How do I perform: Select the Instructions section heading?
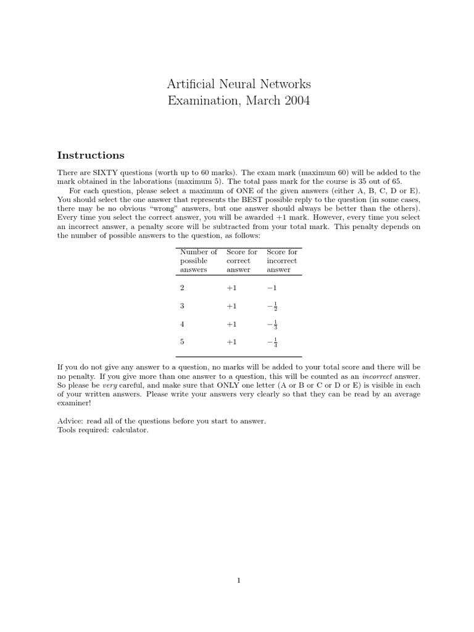click(x=91, y=155)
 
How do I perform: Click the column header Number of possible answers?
click(x=198, y=260)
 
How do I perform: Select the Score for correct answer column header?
click(x=241, y=260)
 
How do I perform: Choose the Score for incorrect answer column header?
click(x=282, y=260)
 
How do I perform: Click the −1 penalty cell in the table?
click(x=272, y=288)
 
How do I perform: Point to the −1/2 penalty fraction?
click(x=272, y=306)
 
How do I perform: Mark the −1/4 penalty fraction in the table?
click(x=272, y=342)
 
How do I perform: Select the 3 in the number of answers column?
click(x=182, y=306)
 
